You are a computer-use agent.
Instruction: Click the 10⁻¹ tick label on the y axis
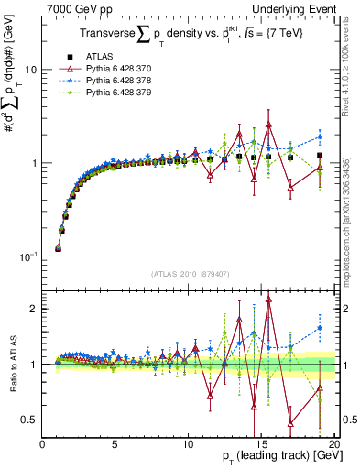(27, 256)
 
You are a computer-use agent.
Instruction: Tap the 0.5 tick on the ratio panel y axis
(30, 420)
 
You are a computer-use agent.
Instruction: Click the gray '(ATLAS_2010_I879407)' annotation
(189, 273)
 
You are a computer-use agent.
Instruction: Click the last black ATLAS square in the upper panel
(319, 156)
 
